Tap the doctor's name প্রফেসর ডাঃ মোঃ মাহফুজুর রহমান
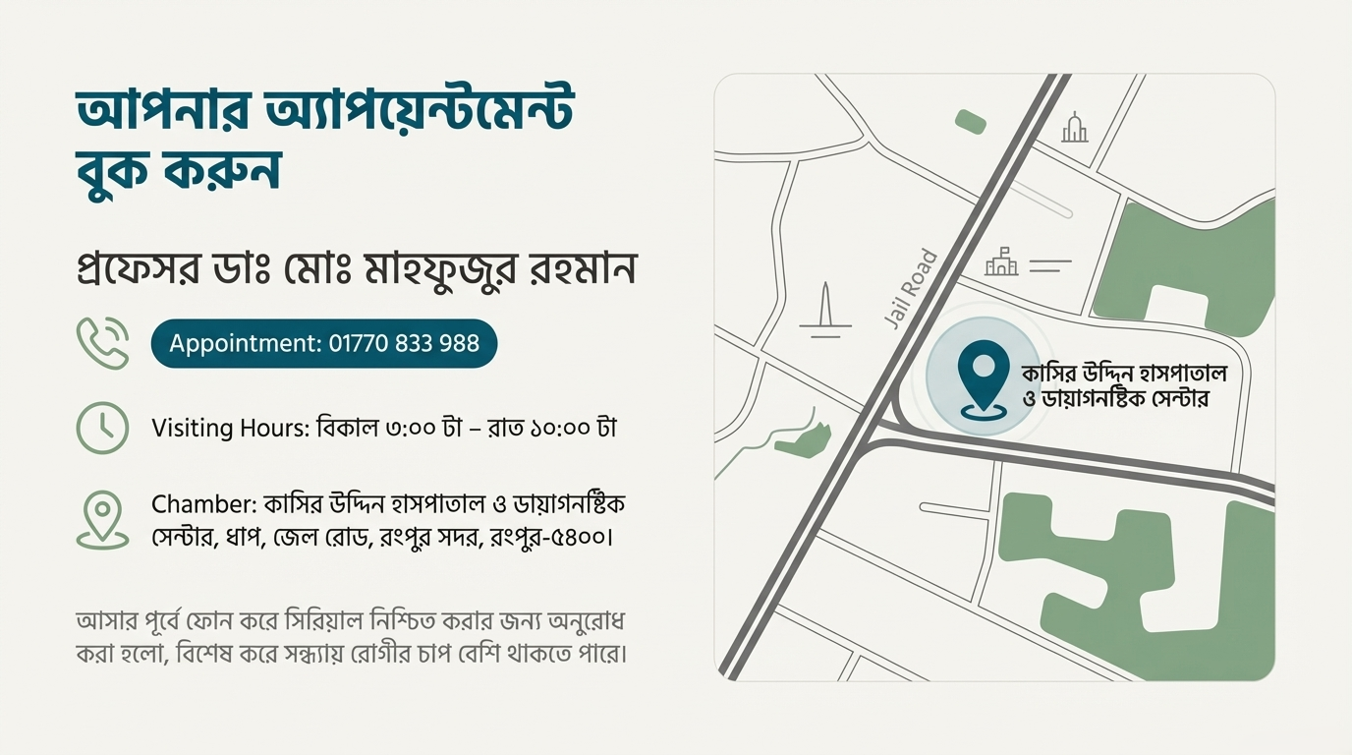click(357, 269)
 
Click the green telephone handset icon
click(103, 343)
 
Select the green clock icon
click(102, 428)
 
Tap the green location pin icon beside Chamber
click(103, 518)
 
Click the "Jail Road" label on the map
click(911, 288)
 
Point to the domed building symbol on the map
click(1075, 128)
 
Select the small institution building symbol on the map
click(1001, 262)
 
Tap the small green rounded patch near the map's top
click(971, 121)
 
